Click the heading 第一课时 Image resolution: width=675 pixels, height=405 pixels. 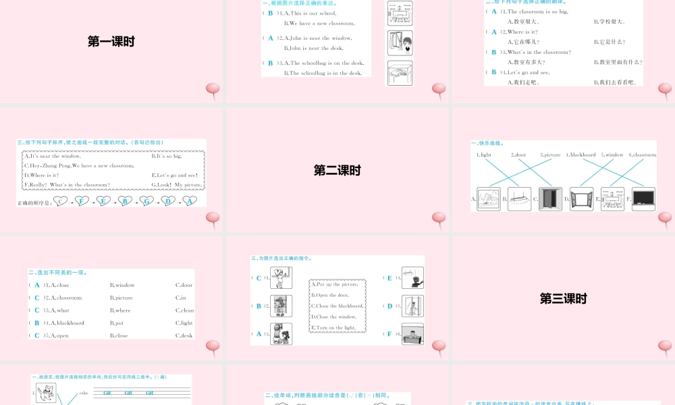tap(111, 42)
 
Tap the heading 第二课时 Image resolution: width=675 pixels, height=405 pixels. tap(337, 171)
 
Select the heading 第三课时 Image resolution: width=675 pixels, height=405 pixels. tap(563, 298)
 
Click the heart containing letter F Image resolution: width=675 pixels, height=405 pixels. tap(82, 201)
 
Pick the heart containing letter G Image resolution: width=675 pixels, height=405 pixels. tap(146, 201)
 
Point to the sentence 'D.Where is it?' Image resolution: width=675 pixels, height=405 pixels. tap(42, 175)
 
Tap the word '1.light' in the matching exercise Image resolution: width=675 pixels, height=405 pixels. tap(484, 155)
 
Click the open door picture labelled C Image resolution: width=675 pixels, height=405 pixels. tap(550, 199)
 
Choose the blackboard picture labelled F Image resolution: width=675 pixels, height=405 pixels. tap(643, 199)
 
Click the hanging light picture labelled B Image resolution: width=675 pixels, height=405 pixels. tap(519, 199)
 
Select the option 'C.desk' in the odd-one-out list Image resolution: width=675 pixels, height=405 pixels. tap(184, 335)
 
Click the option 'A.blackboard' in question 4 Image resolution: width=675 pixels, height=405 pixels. tap(67, 323)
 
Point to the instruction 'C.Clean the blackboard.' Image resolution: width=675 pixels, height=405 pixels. tap(337, 306)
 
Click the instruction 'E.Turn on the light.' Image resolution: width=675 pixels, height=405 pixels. tap(333, 327)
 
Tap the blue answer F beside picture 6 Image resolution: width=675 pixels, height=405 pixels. tap(389, 333)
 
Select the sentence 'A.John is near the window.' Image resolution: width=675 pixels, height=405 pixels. tap(317, 38)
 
